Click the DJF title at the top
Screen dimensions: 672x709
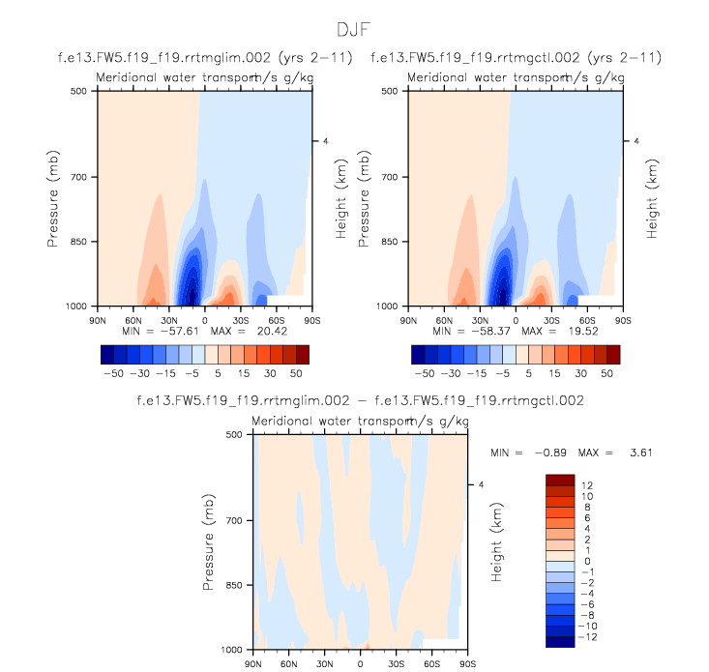354,30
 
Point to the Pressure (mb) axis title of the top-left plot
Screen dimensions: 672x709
53,198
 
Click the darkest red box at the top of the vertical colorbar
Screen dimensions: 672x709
560,481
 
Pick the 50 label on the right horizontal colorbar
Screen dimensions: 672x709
609,371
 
